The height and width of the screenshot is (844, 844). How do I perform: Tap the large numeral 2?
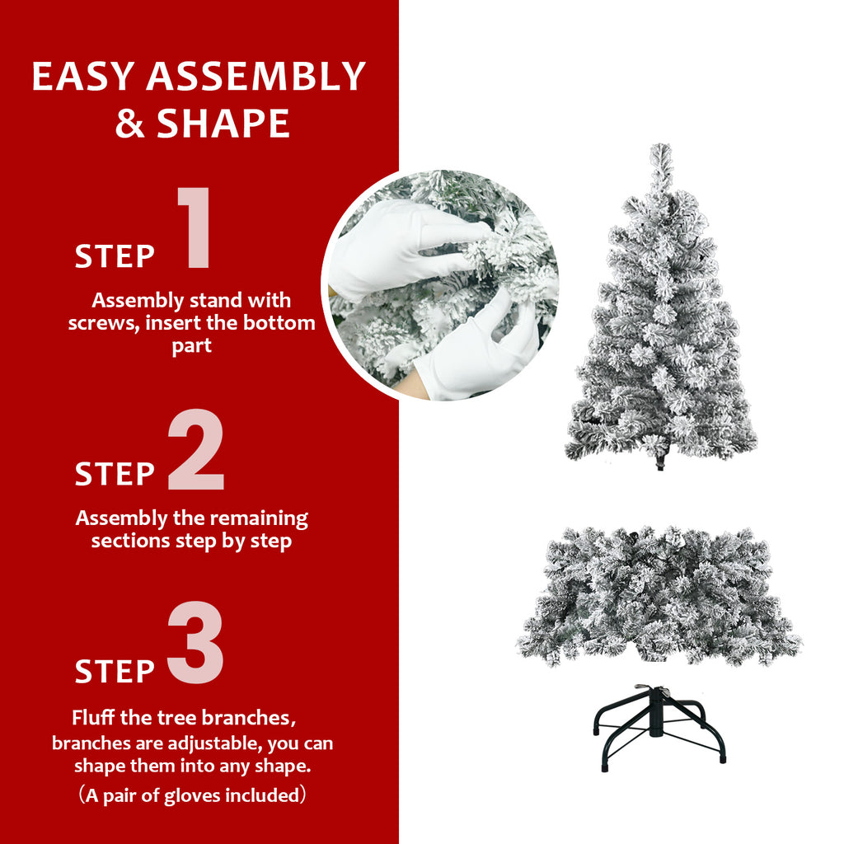[196, 451]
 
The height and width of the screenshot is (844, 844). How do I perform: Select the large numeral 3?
[196, 645]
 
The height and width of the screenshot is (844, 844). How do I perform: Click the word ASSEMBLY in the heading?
[256, 77]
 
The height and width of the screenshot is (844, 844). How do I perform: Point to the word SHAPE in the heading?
[223, 124]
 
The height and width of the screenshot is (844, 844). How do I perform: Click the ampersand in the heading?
[129, 124]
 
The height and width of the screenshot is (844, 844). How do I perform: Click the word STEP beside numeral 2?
[115, 475]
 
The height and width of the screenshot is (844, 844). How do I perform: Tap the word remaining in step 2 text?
[258, 518]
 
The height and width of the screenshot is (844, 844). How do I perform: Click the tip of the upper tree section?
[661, 152]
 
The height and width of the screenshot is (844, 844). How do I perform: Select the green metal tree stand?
[659, 729]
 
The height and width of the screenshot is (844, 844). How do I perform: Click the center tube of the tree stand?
[657, 713]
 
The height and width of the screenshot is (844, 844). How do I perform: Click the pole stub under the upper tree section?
[660, 462]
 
